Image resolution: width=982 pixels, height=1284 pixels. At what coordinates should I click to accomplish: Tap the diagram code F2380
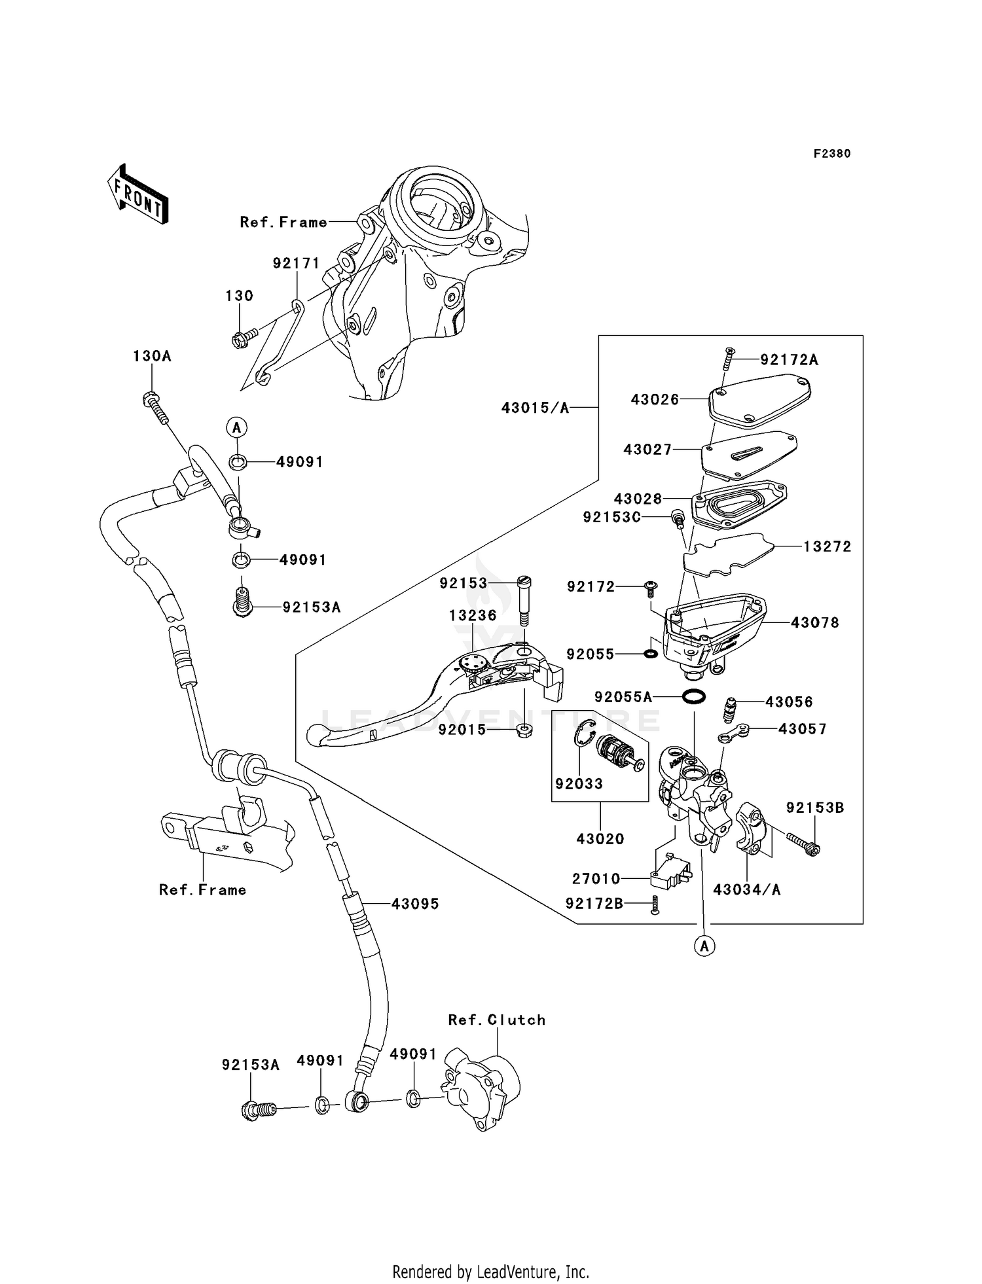[x=831, y=154]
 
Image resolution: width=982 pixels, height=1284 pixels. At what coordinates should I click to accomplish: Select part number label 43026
[x=655, y=399]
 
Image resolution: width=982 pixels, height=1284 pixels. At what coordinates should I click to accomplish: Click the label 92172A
[x=789, y=359]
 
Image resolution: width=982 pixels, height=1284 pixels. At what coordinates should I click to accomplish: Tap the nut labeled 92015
[x=524, y=730]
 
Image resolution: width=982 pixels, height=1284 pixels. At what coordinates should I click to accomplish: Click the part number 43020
[x=600, y=838]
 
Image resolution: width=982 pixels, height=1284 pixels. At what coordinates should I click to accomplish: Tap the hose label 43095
[x=415, y=904]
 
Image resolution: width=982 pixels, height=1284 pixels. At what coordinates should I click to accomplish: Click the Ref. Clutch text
[x=496, y=1020]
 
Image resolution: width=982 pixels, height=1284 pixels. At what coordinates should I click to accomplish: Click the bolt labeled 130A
[x=155, y=405]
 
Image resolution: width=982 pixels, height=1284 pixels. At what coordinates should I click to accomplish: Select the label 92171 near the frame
[x=296, y=263]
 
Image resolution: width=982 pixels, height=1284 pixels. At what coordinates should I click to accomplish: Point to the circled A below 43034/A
[x=704, y=946]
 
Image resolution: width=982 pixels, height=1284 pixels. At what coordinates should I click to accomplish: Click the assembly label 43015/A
[x=535, y=408]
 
